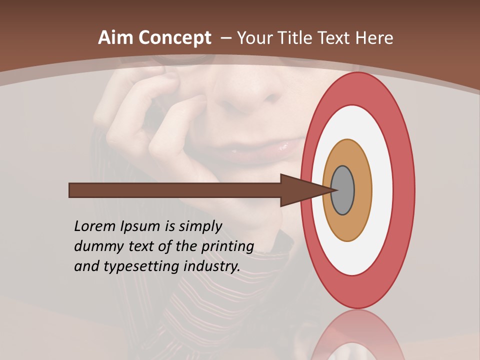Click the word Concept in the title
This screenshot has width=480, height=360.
tap(175, 38)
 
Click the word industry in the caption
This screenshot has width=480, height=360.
tap(212, 267)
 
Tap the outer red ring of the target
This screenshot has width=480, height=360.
tap(403, 190)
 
